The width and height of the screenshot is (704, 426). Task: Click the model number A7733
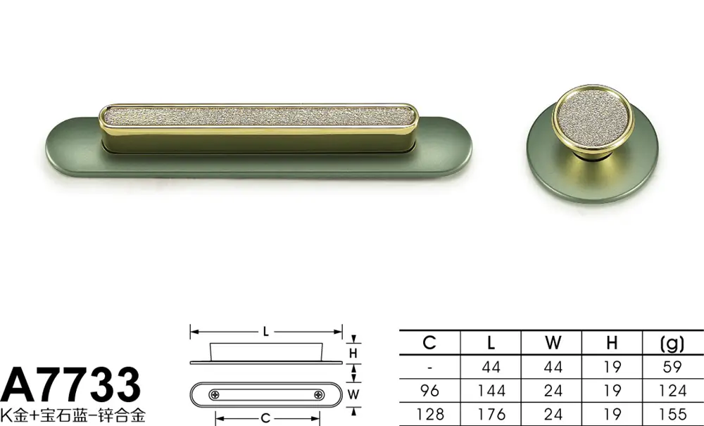coord(70,384)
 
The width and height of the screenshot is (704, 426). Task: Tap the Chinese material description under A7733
coord(73,415)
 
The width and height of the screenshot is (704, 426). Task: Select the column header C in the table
coord(429,343)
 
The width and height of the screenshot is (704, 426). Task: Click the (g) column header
coord(672,344)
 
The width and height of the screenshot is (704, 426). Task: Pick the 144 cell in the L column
coord(491,391)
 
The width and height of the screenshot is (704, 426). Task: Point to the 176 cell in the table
coord(491,414)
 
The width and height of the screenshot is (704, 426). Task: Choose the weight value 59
coord(672,367)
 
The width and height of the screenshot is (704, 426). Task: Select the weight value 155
coord(672,414)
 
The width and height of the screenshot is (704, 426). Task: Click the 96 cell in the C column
coord(429,391)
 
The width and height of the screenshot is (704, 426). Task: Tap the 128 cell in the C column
coord(430,414)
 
